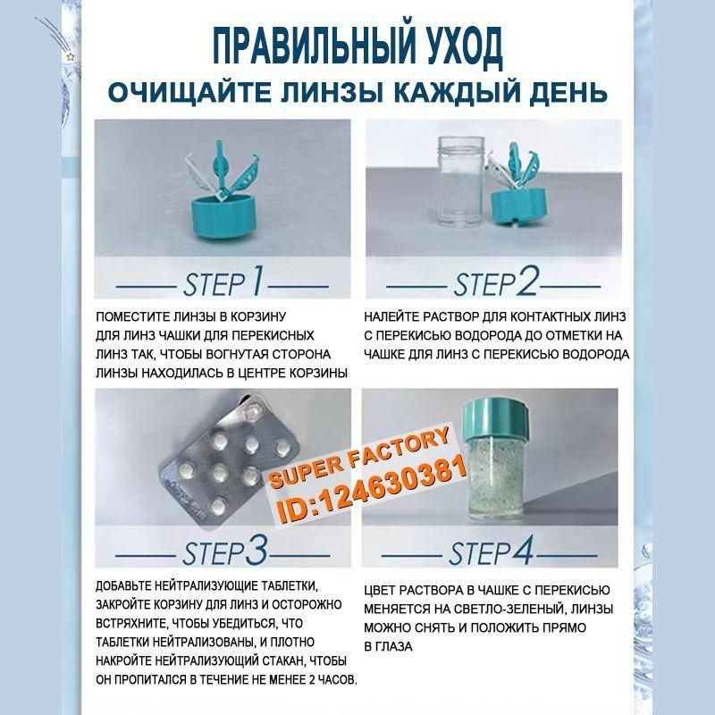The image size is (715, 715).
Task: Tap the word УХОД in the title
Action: pos(464,46)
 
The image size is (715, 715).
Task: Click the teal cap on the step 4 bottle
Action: pos(495,418)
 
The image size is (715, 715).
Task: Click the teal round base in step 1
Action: pos(221,216)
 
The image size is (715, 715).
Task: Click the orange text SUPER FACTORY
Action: pos(359,458)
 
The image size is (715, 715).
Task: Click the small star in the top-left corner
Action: pos(70,57)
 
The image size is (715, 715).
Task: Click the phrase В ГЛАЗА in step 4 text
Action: pos(388,646)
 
